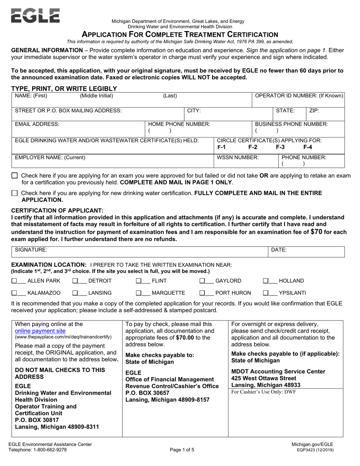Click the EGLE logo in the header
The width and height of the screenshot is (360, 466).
click(35, 16)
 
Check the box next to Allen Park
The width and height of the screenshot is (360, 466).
click(14, 281)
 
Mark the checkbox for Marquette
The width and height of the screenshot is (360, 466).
click(139, 293)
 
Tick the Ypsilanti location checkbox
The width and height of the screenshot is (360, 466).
click(266, 293)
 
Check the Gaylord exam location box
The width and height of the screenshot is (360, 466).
click(202, 281)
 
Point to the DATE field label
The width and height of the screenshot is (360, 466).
click(279, 250)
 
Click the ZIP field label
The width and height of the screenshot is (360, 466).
click(314, 111)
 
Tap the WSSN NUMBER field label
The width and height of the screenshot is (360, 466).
click(238, 157)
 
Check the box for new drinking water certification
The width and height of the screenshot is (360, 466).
click(14, 193)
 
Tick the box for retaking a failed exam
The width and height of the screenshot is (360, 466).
click(14, 176)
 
